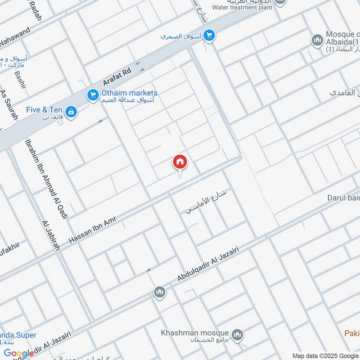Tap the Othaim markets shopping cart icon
pyautogui.click(x=93, y=95)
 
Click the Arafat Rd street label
pyautogui.click(x=117, y=76)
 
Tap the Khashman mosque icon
pyautogui.click(x=238, y=335)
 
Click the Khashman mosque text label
pyautogui.click(x=195, y=333)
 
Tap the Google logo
pyautogui.click(x=19, y=353)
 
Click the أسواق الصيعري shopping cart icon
pyautogui.click(x=209, y=36)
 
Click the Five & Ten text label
pyautogui.click(x=44, y=110)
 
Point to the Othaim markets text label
pyautogui.click(x=129, y=93)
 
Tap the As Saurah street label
pyautogui.click(x=9, y=105)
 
